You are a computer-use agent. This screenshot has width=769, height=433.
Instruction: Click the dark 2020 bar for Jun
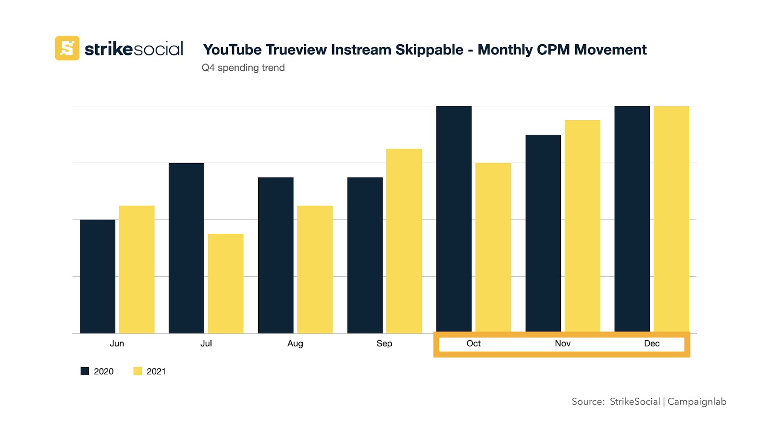[98, 276]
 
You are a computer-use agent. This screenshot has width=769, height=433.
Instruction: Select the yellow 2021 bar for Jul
[225, 283]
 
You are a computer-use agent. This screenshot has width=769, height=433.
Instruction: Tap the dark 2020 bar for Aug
[275, 255]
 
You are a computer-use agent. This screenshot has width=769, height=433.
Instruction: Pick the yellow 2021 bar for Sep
[404, 241]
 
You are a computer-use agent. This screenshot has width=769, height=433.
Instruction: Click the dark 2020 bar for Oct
[454, 219]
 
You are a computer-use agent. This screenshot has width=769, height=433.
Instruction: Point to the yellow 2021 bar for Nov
[582, 226]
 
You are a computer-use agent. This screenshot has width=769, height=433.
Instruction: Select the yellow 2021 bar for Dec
[671, 219]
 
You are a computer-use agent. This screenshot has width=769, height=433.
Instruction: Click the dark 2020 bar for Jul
[186, 248]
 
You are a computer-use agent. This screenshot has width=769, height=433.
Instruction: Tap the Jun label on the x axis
[117, 344]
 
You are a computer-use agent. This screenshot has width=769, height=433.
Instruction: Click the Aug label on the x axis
[295, 344]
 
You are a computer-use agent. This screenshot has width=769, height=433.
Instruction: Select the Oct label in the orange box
[473, 344]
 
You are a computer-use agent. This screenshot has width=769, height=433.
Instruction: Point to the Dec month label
[652, 344]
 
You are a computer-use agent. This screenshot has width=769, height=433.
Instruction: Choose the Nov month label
[562, 344]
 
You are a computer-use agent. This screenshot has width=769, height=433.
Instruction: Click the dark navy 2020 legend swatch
[85, 371]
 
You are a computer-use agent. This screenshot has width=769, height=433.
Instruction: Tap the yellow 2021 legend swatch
[137, 371]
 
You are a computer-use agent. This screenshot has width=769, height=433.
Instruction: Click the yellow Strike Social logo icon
[67, 48]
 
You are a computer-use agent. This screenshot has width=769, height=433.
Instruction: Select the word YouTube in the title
[232, 50]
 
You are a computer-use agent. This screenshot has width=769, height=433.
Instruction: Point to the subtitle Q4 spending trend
[243, 68]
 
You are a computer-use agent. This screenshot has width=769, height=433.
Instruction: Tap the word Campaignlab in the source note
[696, 402]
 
